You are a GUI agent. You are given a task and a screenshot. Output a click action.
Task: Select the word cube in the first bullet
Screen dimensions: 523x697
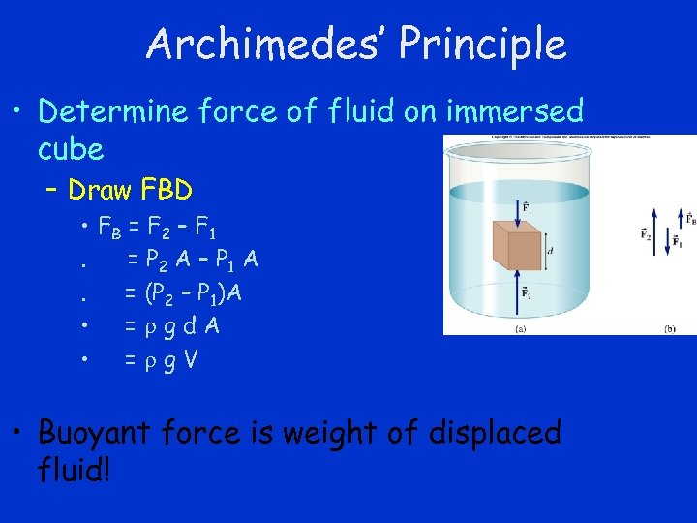point(70,149)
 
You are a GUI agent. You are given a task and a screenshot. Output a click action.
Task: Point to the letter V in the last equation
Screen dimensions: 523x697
point(192,359)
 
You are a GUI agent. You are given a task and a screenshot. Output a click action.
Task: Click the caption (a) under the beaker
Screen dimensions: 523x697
point(521,329)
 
